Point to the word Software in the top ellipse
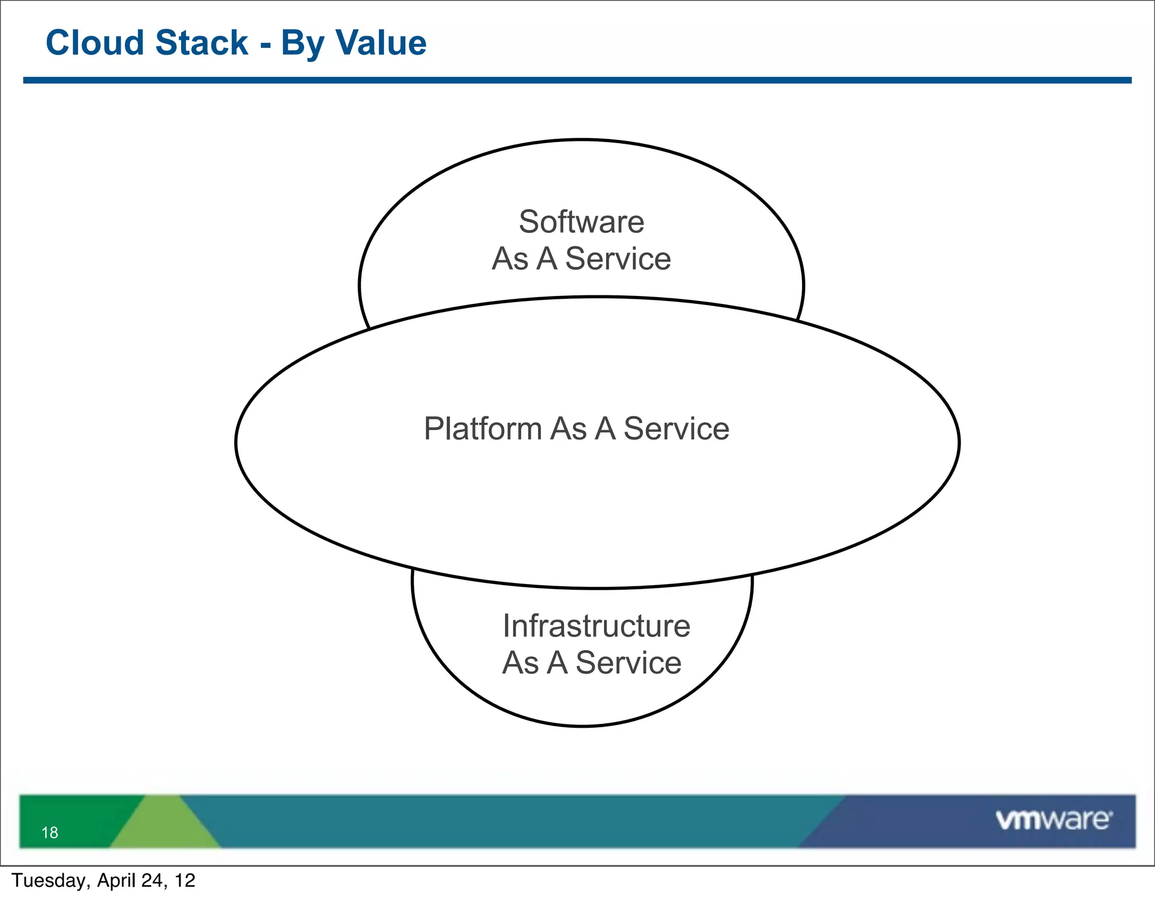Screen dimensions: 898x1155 pyautogui.click(x=581, y=222)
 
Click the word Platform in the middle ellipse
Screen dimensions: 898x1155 pyautogui.click(x=483, y=428)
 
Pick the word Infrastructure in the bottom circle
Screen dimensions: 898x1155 pyautogui.click(x=596, y=626)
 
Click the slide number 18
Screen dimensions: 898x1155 pyautogui.click(x=50, y=832)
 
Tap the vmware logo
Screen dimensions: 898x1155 pyautogui.click(x=1053, y=820)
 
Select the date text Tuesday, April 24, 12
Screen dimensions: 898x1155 pyautogui.click(x=103, y=881)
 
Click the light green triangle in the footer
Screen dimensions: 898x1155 pyautogui.click(x=164, y=826)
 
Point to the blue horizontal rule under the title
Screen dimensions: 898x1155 pyautogui.click(x=577, y=81)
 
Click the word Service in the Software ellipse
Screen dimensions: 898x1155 pyautogui.click(x=618, y=259)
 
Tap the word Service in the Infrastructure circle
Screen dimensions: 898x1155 pyautogui.click(x=628, y=662)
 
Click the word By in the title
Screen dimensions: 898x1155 pyautogui.click(x=301, y=44)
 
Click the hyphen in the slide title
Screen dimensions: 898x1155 pyautogui.click(x=265, y=45)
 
